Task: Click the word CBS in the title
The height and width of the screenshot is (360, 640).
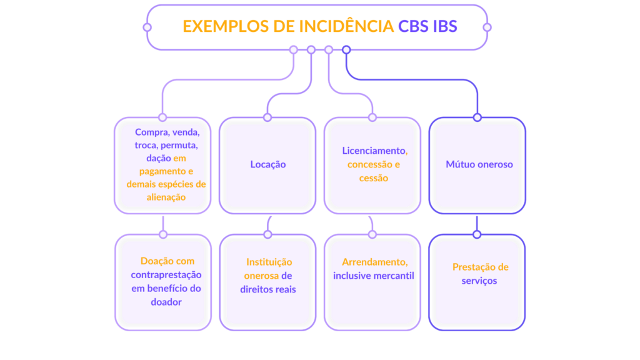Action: [414, 26]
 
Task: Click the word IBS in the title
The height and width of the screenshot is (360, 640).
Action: [445, 26]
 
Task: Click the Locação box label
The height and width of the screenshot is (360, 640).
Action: [268, 164]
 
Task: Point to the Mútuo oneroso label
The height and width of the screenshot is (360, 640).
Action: [479, 164]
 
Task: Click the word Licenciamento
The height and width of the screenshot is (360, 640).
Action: [373, 151]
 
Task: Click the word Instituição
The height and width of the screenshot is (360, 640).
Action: [269, 262]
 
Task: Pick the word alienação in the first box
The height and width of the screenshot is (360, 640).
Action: [166, 197]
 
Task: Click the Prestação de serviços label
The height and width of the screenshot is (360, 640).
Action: [480, 274]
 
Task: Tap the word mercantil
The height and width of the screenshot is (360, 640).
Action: [394, 276]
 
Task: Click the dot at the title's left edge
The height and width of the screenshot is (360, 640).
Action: [147, 27]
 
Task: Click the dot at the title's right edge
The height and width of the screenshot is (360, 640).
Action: [487, 27]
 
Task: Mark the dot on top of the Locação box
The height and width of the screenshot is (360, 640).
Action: [267, 117]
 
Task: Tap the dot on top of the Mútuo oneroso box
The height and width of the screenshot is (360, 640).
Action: [477, 117]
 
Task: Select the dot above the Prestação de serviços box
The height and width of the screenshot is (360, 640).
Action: [477, 234]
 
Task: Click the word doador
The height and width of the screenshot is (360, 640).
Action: [166, 302]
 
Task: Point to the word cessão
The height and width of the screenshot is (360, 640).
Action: [373, 178]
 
